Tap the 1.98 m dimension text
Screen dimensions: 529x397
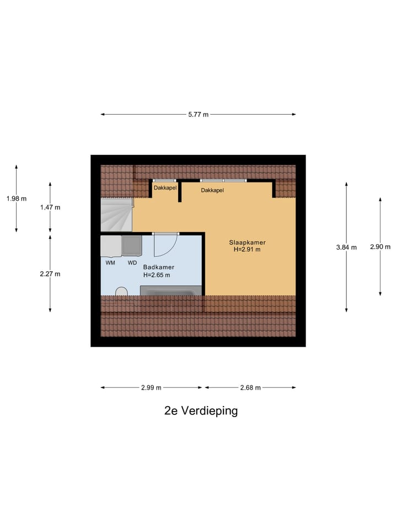(x=17, y=199)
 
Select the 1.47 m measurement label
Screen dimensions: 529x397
(x=50, y=207)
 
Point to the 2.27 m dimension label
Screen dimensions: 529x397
(x=50, y=274)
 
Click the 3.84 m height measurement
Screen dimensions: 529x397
(x=346, y=247)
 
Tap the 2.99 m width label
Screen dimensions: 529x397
(x=151, y=387)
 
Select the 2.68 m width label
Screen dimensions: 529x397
(x=250, y=387)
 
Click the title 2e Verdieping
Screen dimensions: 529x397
(x=201, y=411)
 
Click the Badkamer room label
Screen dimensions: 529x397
(x=156, y=267)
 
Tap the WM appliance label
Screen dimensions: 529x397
(x=110, y=263)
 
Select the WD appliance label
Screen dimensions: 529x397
(x=132, y=263)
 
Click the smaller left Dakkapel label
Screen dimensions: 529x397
(x=165, y=188)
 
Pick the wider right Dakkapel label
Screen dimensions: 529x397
(x=212, y=190)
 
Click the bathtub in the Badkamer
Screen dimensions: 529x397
(x=171, y=290)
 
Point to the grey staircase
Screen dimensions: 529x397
(x=116, y=214)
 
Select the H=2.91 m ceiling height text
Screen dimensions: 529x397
(x=247, y=250)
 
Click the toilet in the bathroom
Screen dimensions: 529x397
(x=122, y=292)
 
